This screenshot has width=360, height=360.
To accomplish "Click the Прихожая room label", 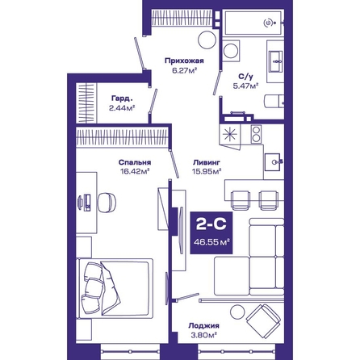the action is coord(184,61).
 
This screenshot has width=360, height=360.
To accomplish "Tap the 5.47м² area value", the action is coord(245,86).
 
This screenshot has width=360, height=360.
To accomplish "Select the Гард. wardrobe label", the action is coord(122,98).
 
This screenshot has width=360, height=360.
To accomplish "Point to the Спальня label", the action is coord(135,162).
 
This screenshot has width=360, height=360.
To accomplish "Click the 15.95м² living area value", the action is coord(207,171).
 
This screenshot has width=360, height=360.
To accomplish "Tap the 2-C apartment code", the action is coord(211,224).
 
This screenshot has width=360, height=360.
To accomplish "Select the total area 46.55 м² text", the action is coord(211,242).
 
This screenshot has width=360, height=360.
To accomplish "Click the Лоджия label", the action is coord(203,326).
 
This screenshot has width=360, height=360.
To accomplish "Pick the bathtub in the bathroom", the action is coord(253,23).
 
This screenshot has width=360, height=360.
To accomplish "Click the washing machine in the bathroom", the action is coord(231,51).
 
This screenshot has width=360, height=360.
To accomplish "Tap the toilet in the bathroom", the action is coord(274,101).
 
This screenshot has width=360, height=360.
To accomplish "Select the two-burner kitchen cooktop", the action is coord(256,134).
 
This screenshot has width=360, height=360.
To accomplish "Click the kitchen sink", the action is coord(273,162).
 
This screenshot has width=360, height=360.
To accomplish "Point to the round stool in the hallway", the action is coord(207,40).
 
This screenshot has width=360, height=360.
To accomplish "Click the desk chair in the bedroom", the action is coord(107,203).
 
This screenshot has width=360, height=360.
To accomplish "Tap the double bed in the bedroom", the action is coord(115,288).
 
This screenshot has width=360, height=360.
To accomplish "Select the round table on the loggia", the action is coord(237,312).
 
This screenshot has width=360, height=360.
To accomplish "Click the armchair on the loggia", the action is coord(264,321).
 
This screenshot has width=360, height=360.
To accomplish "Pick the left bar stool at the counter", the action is coord(241,200).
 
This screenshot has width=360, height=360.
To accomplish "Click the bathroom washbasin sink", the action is coord(276,61).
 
